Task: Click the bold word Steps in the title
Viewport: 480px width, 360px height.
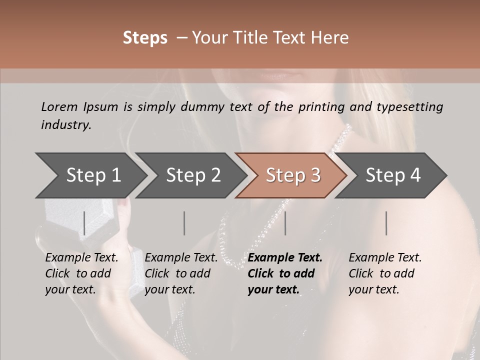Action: click(145, 38)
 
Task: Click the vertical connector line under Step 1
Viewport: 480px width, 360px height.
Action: click(84, 223)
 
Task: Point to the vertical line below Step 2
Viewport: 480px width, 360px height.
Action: click(184, 223)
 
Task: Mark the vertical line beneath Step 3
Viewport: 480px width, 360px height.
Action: click(285, 223)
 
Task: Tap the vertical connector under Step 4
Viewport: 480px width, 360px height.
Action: click(386, 223)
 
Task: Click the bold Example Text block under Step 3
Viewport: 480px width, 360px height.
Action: click(285, 273)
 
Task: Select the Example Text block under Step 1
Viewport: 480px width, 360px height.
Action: click(81, 273)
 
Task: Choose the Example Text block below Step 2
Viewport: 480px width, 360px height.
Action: click(181, 273)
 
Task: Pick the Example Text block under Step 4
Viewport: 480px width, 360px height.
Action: click(385, 273)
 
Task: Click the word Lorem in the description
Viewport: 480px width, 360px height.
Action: click(59, 106)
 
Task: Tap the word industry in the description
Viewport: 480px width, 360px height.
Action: click(66, 125)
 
